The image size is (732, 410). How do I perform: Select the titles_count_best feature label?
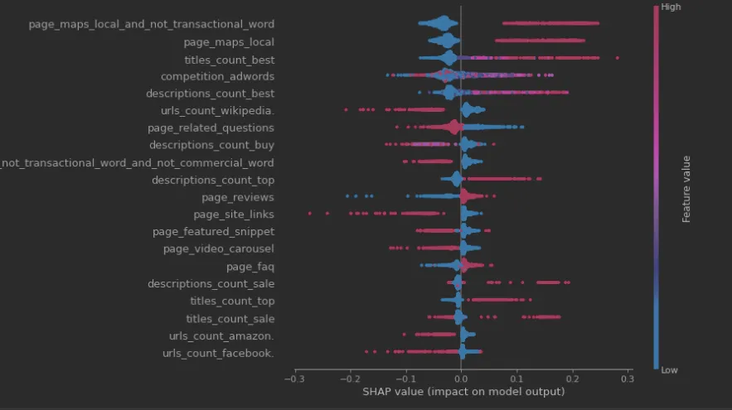(x=229, y=60)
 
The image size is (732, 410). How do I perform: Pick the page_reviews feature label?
(x=238, y=198)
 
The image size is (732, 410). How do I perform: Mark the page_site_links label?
(x=234, y=215)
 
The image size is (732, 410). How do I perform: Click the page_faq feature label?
(x=250, y=267)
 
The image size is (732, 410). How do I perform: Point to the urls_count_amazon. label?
(x=221, y=336)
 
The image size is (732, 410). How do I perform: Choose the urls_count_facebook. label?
(x=218, y=354)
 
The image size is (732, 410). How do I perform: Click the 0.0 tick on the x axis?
(x=461, y=379)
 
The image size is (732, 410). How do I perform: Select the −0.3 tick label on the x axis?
(x=293, y=379)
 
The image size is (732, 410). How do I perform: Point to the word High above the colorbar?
(x=673, y=7)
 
